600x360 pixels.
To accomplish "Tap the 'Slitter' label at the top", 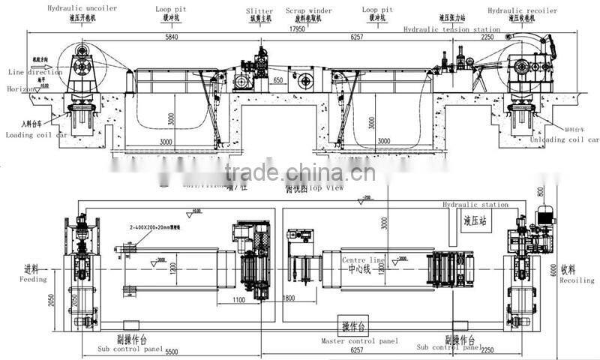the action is click(259, 11).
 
